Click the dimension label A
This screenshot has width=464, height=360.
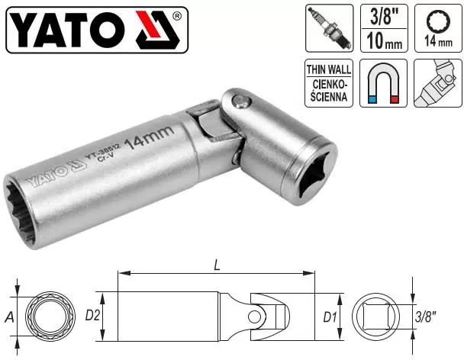[x=8, y=315]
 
